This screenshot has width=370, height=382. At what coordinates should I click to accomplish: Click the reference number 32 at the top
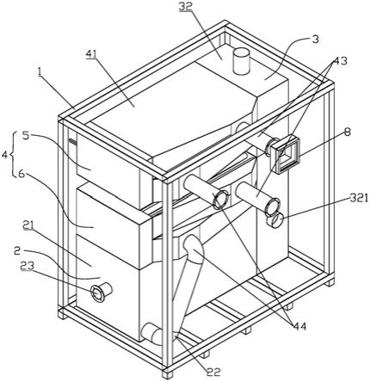185,6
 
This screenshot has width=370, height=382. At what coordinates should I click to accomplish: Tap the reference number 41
91,54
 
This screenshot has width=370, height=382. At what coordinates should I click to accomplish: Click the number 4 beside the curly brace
5,155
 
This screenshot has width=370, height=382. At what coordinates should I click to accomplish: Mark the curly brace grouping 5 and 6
13,155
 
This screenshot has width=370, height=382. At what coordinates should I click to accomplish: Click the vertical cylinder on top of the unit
242,61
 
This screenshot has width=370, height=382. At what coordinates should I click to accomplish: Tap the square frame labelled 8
285,155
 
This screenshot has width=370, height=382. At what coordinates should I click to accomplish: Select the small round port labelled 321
274,221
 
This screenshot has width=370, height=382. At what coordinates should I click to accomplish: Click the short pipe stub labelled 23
101,292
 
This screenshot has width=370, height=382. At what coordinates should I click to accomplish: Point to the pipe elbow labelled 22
154,333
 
